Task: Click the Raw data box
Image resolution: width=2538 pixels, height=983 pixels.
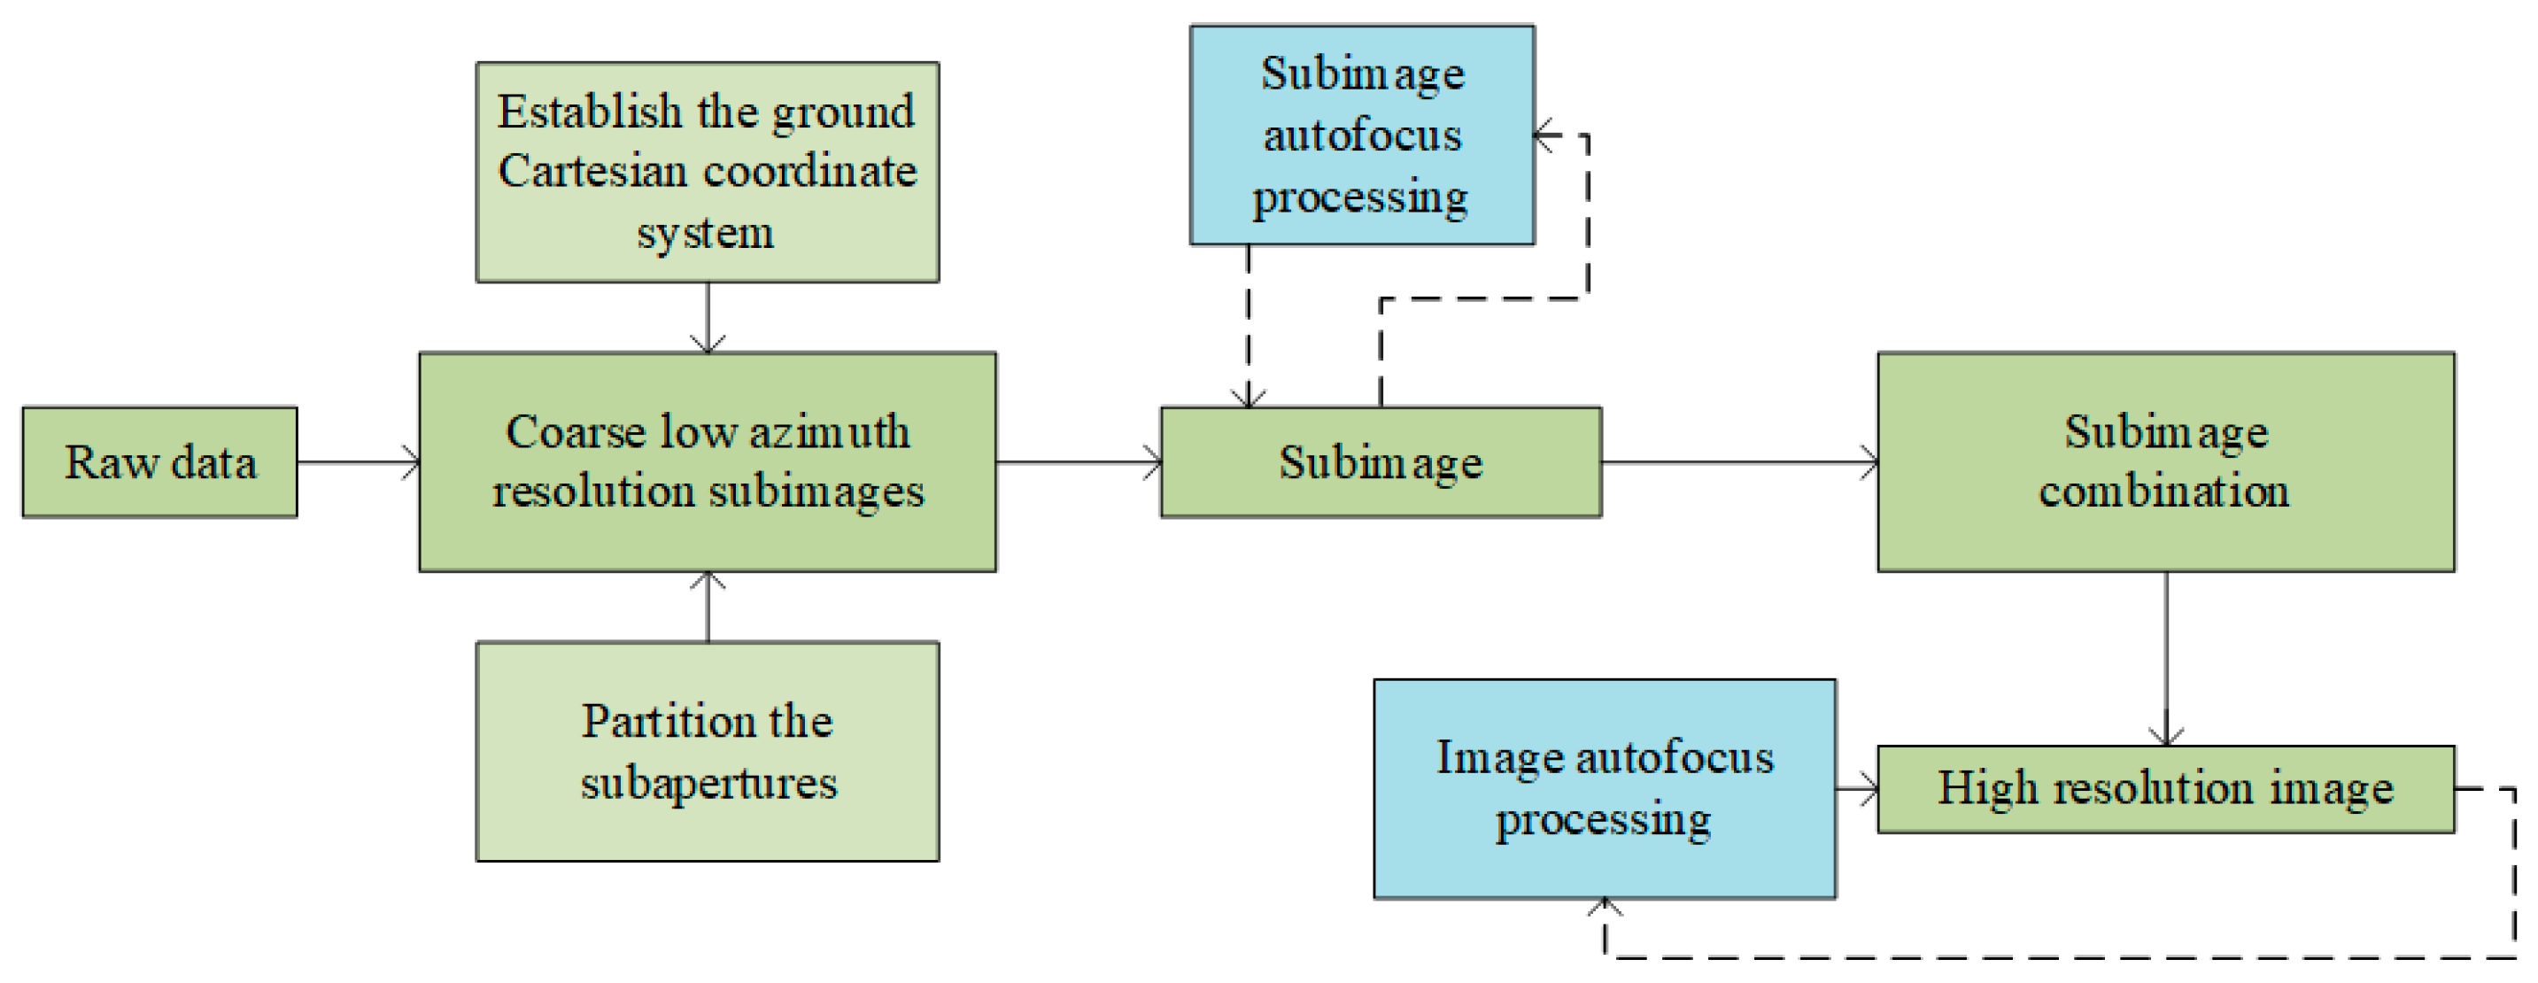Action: [x=159, y=462]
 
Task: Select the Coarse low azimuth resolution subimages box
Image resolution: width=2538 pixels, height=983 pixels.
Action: [x=708, y=462]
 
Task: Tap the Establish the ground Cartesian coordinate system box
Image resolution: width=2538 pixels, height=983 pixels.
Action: [x=708, y=173]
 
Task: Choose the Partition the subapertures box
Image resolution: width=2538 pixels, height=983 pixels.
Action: [x=708, y=752]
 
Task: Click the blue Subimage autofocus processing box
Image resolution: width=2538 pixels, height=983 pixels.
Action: [x=1362, y=135]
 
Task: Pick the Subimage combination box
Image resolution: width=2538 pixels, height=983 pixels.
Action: [x=2165, y=462]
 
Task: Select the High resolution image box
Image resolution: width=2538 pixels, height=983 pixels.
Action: [x=2165, y=789]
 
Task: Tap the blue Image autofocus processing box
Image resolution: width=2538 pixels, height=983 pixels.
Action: [x=1604, y=789]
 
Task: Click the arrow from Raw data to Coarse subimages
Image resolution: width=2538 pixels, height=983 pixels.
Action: [x=359, y=462]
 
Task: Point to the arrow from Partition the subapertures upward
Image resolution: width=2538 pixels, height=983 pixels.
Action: [x=708, y=606]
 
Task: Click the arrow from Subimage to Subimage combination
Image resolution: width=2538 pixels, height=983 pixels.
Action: [x=1739, y=462]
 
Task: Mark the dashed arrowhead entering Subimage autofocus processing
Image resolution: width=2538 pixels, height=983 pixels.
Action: [x=1547, y=135]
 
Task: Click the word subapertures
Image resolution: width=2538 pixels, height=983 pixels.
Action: [x=708, y=784]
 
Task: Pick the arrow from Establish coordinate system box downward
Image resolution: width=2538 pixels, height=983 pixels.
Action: [x=708, y=317]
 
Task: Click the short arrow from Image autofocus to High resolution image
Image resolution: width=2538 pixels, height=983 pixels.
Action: [x=1857, y=789]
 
